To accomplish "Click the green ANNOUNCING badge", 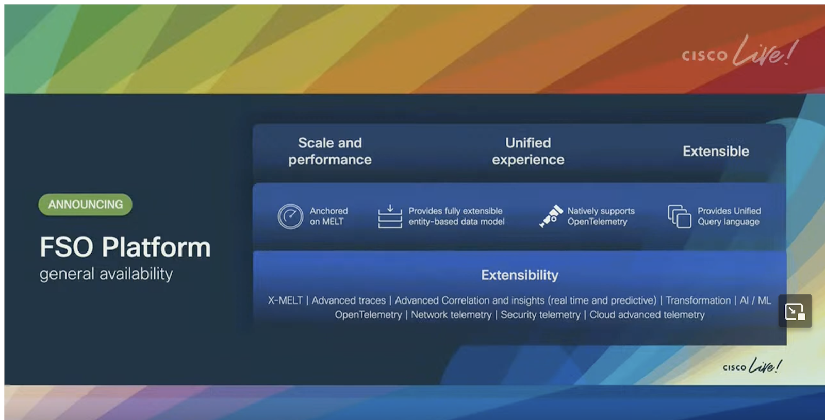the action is pos(85,205).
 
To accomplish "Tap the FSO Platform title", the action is pos(125,247).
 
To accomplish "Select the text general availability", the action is pos(106,274).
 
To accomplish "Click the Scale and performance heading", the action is pos(329,152).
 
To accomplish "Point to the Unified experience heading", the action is pos(528,152).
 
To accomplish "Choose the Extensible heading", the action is pos(716,152).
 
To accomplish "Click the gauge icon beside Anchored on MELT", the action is pos(290,216).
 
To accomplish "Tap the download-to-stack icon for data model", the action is pos(390,216).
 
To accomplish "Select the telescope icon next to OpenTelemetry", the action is pos(551,216).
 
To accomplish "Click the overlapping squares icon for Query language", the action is pos(679,216).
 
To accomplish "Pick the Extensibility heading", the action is pos(520,275).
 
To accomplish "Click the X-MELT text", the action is pos(285,300).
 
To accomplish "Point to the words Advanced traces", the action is pos(349,300).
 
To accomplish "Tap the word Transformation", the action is pos(698,300).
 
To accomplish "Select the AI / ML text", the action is pos(755,300).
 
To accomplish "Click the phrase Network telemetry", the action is pos(451,315).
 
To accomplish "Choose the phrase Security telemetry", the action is pos(540,315).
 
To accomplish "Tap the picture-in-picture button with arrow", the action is pos(795,311).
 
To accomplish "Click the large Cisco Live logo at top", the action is pos(740,52).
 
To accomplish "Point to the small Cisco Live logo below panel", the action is pos(752,365).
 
